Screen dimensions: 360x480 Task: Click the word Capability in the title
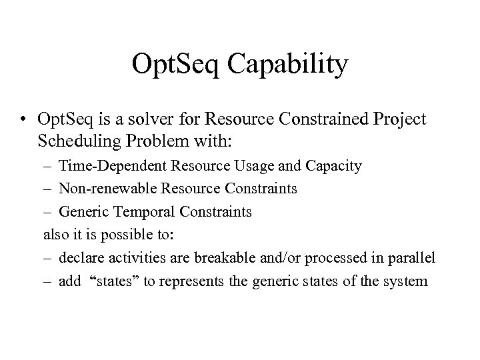pos(288,66)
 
